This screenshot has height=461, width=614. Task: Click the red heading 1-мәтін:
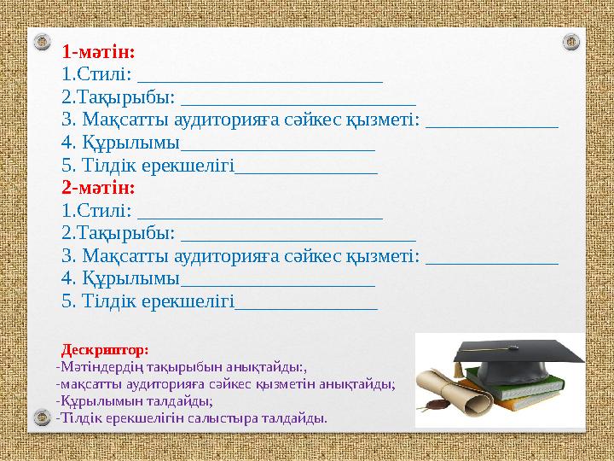(x=98, y=50)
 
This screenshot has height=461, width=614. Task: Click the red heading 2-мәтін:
(x=98, y=185)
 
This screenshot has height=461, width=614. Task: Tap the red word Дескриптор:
(x=105, y=350)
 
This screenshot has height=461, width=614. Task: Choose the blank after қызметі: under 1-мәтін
(x=491, y=123)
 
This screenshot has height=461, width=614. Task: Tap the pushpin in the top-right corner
(x=572, y=40)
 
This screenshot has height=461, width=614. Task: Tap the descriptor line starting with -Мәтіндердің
(x=180, y=367)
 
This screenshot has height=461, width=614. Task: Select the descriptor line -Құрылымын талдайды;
(x=134, y=400)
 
